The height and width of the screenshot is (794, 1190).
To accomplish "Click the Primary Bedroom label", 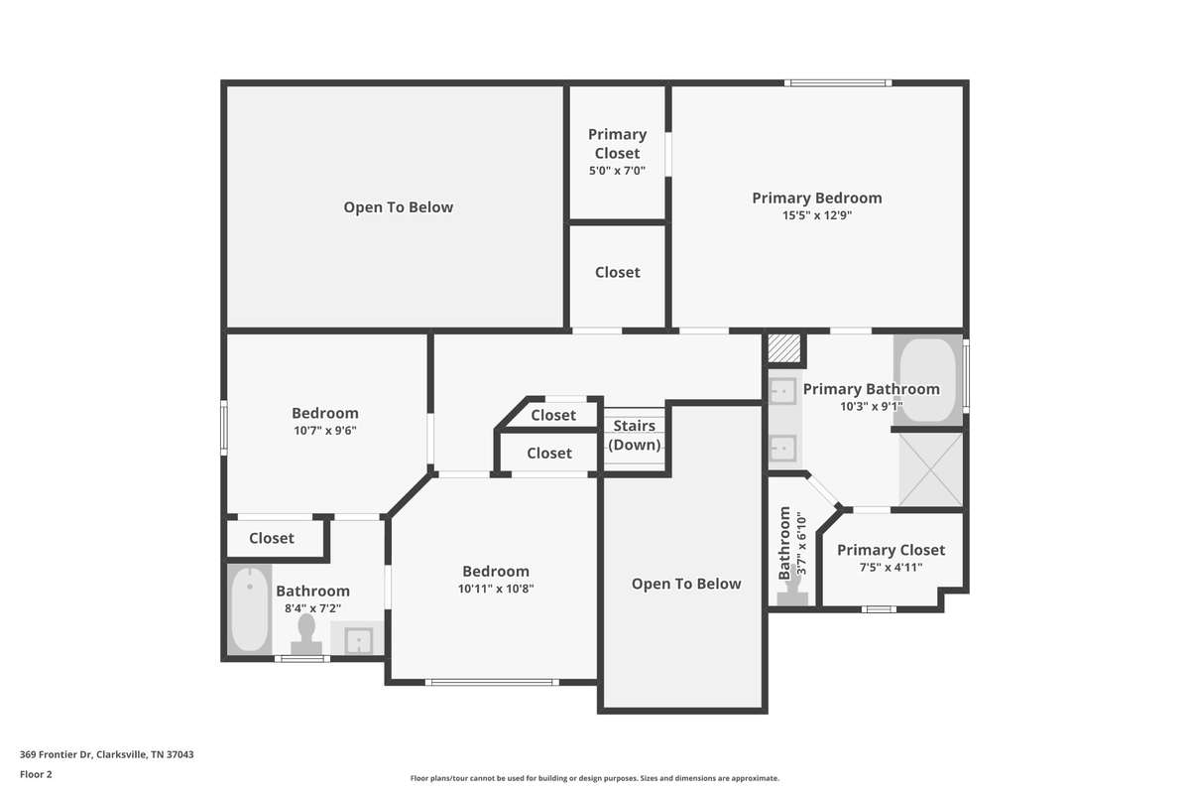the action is [816, 198].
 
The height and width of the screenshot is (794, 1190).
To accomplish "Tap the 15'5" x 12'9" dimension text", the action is [816, 215].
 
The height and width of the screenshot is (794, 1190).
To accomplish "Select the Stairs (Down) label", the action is [635, 435].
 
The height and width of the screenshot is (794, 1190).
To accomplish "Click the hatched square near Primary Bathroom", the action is [784, 348].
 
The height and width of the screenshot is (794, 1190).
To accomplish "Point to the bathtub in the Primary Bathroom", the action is [927, 380].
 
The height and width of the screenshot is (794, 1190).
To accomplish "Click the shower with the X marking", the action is [930, 469].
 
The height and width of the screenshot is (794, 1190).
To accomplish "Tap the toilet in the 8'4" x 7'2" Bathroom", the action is [306, 634].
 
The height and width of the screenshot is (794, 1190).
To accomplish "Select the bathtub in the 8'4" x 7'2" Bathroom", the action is [250, 609].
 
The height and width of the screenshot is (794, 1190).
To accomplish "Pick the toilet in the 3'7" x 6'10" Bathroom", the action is [792, 587].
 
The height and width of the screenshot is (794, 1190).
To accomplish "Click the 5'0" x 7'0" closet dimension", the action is [617, 171].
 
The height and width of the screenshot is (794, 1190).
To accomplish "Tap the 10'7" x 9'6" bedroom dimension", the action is [325, 430].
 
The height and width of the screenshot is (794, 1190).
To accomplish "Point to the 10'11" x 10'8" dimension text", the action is [496, 589].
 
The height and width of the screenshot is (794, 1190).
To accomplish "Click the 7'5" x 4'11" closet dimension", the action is [891, 568].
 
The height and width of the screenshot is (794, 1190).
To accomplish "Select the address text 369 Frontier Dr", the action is [57, 754].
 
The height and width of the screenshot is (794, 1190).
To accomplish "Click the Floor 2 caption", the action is [36, 774].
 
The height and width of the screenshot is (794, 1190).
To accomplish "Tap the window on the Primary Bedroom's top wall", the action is [838, 83].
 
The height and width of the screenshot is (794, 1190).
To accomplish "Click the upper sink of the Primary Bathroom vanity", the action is [782, 391].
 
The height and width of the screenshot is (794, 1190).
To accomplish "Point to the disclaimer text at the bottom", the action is [594, 778].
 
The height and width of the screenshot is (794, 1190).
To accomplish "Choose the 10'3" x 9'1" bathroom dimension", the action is [872, 407].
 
